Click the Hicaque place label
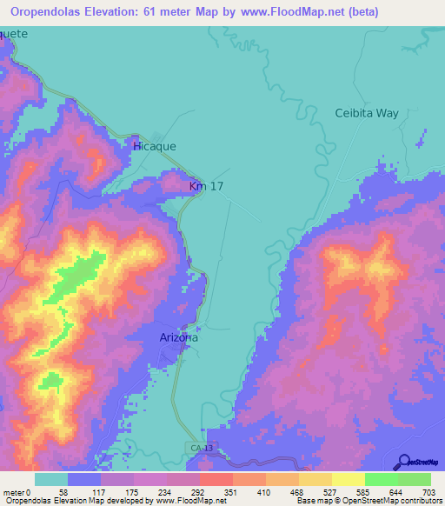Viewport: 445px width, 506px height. (x=155, y=147)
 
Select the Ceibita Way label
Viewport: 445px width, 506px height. (x=367, y=114)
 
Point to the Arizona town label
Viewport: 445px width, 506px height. (x=179, y=337)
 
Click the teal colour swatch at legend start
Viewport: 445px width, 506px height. (x=51, y=479)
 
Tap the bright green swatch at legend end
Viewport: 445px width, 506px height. (x=415, y=479)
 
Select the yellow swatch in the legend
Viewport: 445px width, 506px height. (x=348, y=479)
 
